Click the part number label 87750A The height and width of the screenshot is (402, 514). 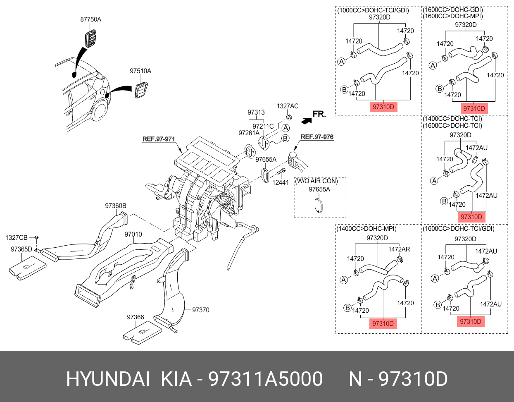click(90, 19)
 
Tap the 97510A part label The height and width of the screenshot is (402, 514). click(140, 71)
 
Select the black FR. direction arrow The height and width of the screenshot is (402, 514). click(306, 120)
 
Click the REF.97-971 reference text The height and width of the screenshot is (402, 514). click(159, 139)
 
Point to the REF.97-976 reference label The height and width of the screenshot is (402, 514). click(317, 137)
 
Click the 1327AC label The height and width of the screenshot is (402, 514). click(288, 106)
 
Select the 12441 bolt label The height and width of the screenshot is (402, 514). click(281, 182)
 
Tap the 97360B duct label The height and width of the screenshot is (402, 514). click(116, 206)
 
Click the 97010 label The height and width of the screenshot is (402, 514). click(133, 234)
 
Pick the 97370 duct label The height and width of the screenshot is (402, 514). click(201, 310)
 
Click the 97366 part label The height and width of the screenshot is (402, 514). click(136, 317)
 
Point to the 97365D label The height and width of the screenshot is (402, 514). click(21, 249)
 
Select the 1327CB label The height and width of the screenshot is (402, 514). click(17, 238)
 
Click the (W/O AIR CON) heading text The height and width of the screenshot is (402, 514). click(316, 181)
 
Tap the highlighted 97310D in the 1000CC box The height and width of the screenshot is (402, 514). click(383, 107)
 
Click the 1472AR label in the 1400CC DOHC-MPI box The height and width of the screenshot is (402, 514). click(399, 249)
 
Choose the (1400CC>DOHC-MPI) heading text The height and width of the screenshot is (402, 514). click(366, 229)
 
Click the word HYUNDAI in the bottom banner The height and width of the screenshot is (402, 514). click(108, 379)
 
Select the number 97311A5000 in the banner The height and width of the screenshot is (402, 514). click(265, 379)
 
